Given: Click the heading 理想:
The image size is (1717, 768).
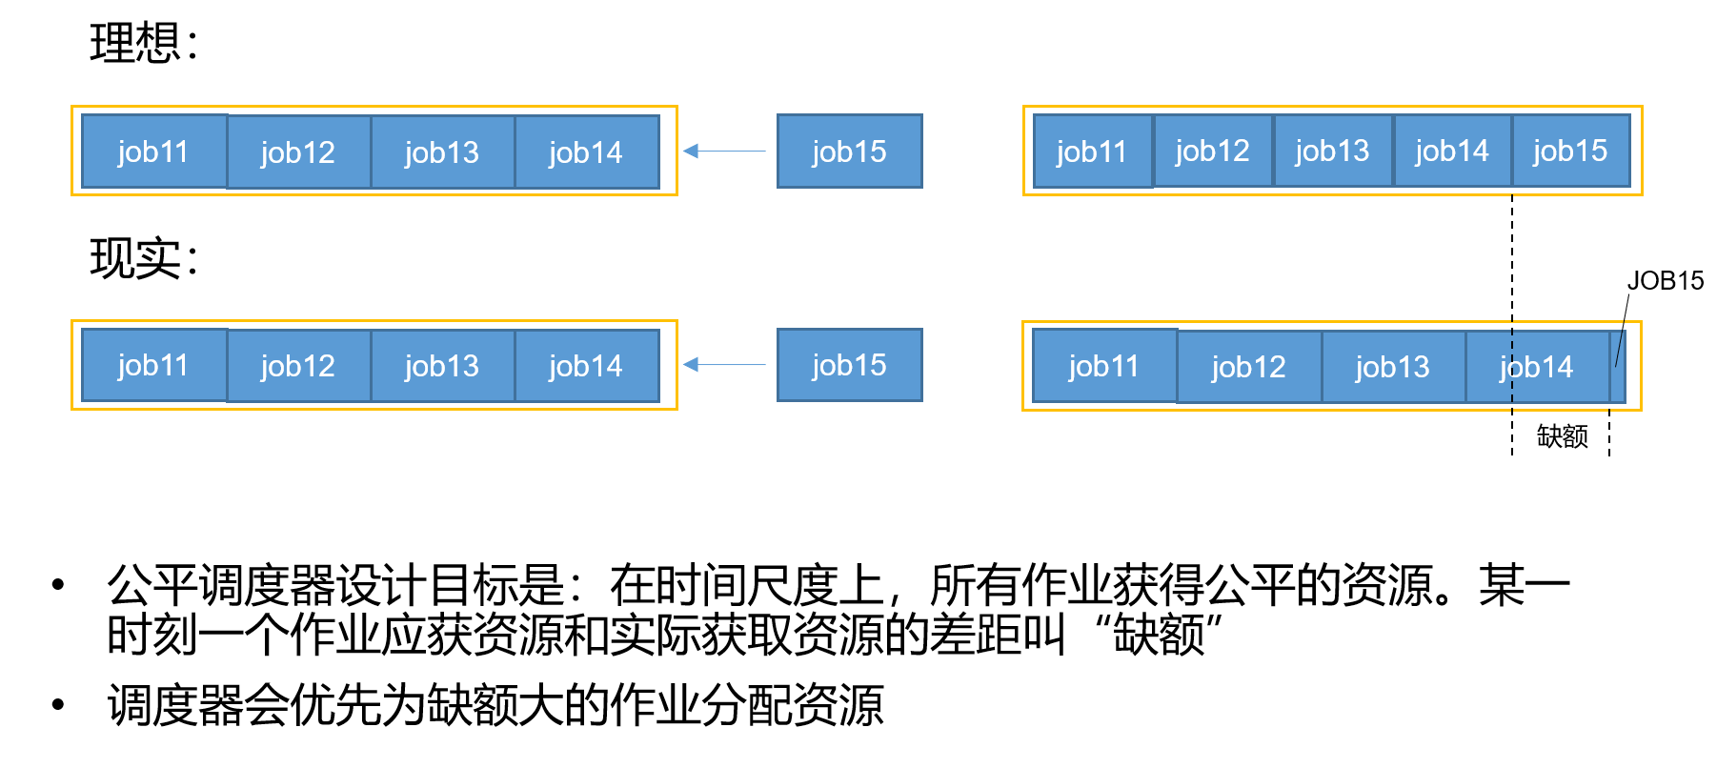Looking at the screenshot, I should [143, 44].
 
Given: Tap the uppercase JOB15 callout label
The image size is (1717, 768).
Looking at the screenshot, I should [1665, 281].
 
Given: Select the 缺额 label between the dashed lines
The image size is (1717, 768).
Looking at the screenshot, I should [1562, 436].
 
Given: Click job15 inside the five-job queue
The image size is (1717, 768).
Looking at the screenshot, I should [1570, 152].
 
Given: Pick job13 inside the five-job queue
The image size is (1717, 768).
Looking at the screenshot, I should [1332, 152].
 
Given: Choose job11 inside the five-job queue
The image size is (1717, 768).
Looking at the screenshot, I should [1092, 152].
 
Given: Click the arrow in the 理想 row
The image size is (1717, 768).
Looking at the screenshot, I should [724, 151].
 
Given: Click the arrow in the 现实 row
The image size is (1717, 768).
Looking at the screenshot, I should [724, 364].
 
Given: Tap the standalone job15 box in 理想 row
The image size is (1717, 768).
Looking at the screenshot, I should [849, 152].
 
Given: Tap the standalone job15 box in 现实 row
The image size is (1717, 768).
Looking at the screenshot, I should [849, 365].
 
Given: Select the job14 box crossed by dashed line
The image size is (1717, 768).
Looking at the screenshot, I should [1536, 367].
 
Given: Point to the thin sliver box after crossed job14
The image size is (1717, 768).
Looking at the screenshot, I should [1617, 367].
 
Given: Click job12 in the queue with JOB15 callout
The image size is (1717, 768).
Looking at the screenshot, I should [1248, 367].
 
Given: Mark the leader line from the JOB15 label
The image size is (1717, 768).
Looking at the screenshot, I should [1623, 329].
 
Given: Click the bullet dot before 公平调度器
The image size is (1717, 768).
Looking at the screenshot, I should [58, 585].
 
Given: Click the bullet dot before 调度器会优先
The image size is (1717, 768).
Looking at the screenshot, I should [58, 705].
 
